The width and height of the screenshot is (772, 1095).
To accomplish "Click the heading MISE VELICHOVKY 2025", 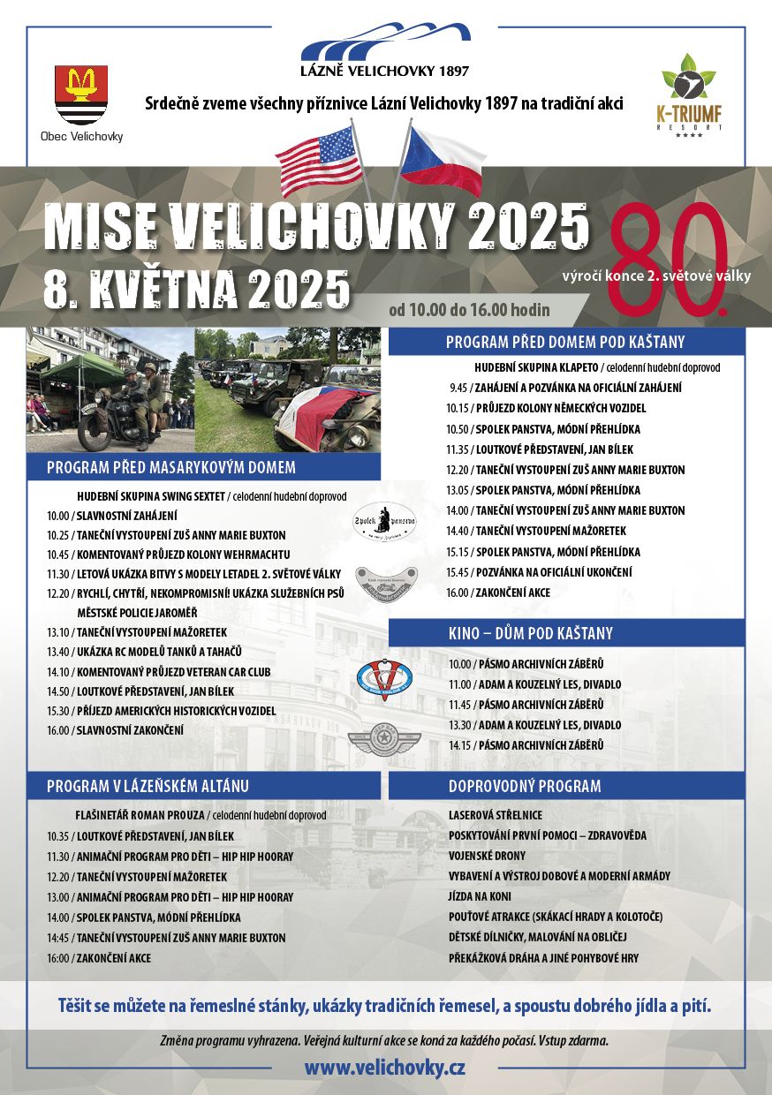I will [x=315, y=226].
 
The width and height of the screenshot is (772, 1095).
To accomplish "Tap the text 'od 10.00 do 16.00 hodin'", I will [x=469, y=310].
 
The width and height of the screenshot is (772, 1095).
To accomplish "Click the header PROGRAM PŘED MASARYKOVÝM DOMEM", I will [x=171, y=467].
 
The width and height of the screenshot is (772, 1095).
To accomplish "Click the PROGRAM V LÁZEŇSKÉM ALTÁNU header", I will [x=148, y=786].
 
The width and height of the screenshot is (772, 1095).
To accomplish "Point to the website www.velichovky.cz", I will [x=385, y=1067].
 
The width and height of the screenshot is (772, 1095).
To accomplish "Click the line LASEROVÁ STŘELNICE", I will [x=496, y=815].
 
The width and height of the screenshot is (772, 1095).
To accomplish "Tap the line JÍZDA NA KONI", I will [x=480, y=896].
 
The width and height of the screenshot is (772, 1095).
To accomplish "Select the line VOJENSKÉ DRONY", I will [x=487, y=856].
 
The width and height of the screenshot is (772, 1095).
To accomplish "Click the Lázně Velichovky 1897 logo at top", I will [x=385, y=51].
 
